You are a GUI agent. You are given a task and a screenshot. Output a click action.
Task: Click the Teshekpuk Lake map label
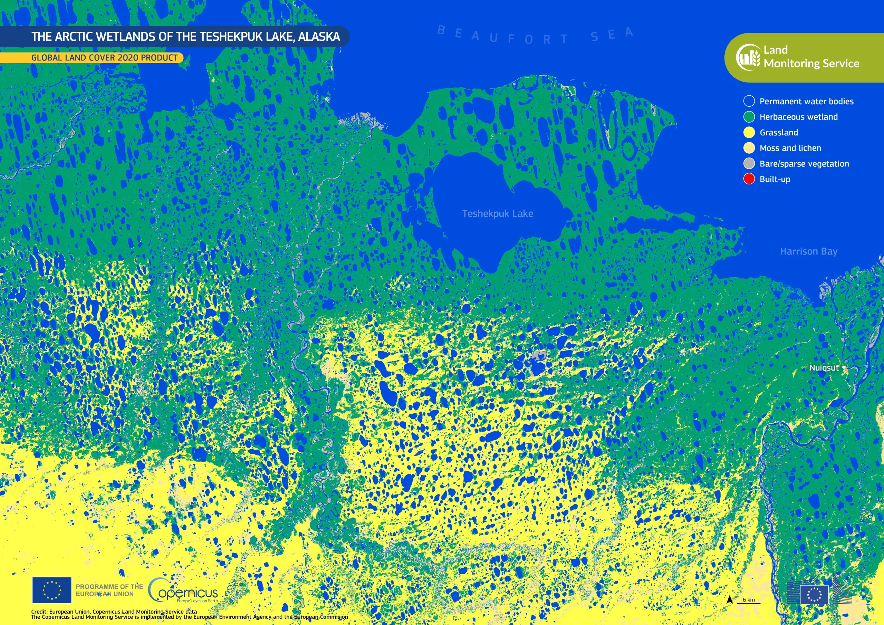[x=498, y=214]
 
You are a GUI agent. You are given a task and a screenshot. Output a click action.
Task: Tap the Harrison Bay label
[x=808, y=251]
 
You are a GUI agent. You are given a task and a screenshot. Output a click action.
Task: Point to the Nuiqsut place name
[x=824, y=368]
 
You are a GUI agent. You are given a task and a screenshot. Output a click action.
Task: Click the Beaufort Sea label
[x=535, y=36]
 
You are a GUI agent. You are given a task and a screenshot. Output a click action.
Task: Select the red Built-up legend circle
[x=749, y=179]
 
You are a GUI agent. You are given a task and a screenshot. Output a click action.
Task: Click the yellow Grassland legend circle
[x=749, y=133]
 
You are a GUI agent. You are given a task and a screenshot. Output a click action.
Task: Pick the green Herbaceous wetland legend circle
[x=749, y=117]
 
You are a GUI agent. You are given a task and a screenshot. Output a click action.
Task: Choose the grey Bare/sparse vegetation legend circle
[x=749, y=164]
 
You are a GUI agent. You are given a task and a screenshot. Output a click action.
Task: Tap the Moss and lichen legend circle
[x=749, y=148]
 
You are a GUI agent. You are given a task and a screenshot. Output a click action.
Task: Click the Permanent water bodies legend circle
[x=749, y=101]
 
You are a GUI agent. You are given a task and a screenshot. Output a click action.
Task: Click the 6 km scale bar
[x=749, y=601]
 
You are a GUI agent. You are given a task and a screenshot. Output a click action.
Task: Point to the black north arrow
[x=729, y=599]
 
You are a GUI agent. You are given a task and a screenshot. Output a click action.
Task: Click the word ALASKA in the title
[x=319, y=37]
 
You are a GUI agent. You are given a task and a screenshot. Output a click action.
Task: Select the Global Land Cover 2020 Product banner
[x=104, y=58]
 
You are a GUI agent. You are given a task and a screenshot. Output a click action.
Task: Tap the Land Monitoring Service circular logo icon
[x=748, y=57]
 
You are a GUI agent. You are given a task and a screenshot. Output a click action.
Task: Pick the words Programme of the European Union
[x=109, y=590]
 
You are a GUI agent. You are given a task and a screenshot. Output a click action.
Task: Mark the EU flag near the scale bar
[x=814, y=595]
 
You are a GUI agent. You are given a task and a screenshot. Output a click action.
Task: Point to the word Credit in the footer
[x=39, y=612]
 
